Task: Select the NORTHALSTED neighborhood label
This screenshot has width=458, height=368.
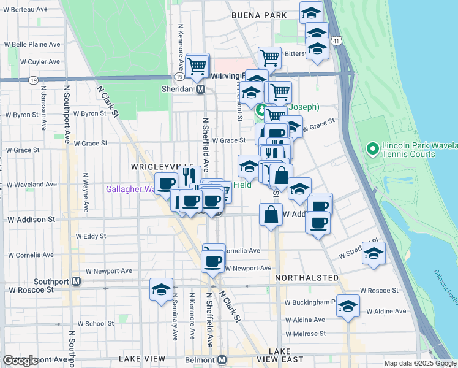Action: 307,278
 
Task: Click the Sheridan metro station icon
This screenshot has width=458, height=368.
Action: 200,90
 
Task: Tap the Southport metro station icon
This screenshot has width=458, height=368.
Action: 76,282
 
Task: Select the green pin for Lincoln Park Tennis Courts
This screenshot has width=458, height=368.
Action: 371,148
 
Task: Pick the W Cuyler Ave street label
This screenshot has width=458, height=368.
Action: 40,61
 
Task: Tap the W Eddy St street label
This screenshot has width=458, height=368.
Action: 91,236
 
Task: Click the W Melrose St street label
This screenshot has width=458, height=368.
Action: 306,334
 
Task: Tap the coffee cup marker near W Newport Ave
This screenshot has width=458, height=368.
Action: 212,261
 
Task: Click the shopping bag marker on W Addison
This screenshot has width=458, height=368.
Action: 271,215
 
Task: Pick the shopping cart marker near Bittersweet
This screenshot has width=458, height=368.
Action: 269,58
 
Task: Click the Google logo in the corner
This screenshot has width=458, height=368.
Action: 20,361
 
